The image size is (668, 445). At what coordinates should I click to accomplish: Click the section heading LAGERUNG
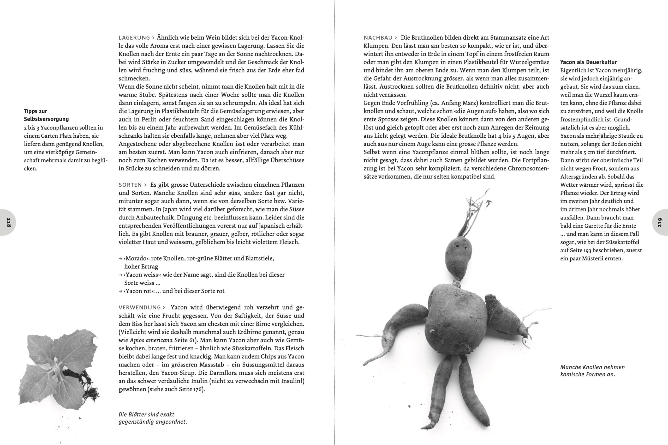(134, 38)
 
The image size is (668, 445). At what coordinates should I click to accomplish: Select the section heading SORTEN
(130, 185)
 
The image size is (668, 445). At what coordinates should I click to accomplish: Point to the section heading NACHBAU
(378, 38)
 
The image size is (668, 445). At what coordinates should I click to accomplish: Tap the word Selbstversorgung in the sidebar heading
(46, 119)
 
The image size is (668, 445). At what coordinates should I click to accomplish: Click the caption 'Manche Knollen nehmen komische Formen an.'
(592, 371)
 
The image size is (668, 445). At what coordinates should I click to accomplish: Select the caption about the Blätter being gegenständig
(152, 418)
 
